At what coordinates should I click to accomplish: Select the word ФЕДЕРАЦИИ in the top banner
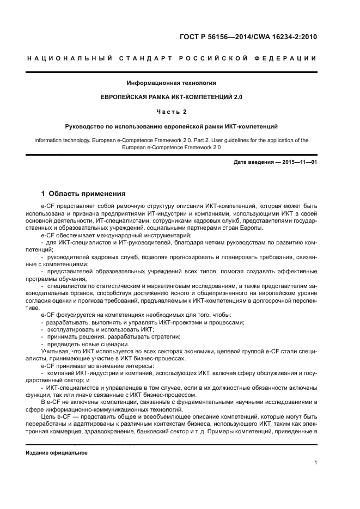coord(290,58)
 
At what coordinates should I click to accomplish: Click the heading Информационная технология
coord(172,83)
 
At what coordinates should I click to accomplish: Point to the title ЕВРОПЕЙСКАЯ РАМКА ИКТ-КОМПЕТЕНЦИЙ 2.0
coord(172,97)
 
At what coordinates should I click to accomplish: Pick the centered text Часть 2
coord(172,112)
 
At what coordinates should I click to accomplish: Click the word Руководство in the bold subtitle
coord(83,126)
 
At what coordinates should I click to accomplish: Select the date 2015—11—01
coord(299,162)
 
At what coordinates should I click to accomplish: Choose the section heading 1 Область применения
coord(84,193)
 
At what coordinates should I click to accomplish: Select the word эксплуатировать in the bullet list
coord(70,329)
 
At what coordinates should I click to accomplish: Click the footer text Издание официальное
coord(57,452)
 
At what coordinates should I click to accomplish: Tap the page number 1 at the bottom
coord(316,463)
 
